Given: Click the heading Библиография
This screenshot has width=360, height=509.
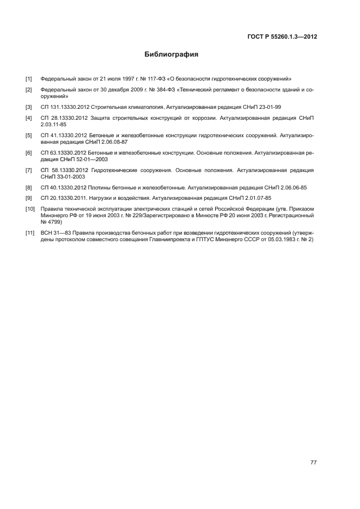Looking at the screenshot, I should (x=171, y=54).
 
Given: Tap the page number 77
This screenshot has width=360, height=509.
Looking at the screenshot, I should (x=313, y=463).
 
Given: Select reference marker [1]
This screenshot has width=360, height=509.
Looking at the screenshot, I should (x=28, y=78).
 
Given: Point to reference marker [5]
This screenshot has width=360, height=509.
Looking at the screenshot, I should (x=28, y=135).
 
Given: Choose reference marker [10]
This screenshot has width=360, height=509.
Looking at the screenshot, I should (x=29, y=208).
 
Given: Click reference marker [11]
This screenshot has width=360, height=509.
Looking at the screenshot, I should (x=29, y=233).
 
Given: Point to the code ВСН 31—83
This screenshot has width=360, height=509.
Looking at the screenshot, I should (x=55, y=233).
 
